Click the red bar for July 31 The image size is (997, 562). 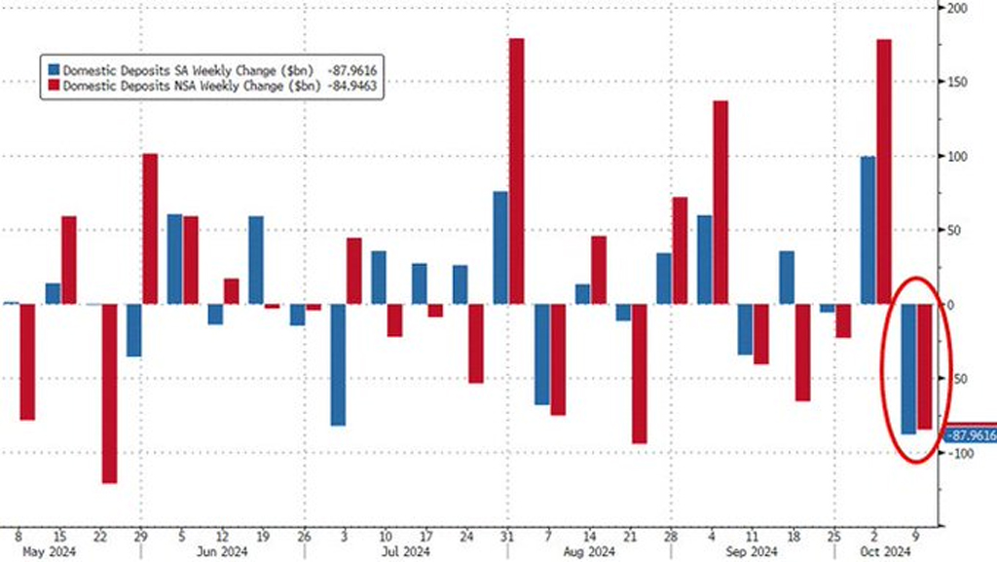click(x=516, y=171)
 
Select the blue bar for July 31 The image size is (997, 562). click(x=499, y=247)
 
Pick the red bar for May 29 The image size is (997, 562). click(x=150, y=229)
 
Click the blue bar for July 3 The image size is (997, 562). click(x=338, y=364)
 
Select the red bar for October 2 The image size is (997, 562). click(x=884, y=171)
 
